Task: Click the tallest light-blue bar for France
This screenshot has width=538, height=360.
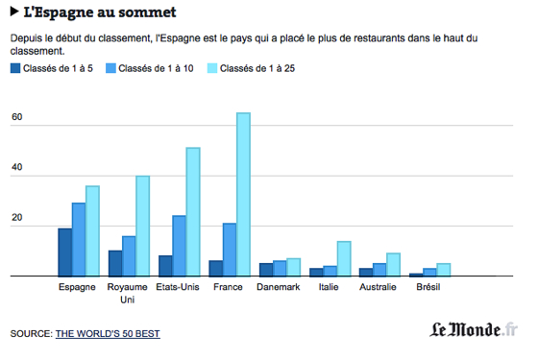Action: click(243, 194)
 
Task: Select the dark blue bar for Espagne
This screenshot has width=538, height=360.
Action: click(64, 252)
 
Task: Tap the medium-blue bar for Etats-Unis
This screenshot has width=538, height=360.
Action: click(179, 245)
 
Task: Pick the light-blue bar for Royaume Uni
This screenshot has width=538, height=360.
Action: click(142, 226)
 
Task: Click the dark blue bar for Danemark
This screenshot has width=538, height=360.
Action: click(266, 270)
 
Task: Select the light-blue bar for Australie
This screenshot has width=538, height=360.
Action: click(393, 264)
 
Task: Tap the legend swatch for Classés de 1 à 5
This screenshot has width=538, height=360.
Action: click(15, 69)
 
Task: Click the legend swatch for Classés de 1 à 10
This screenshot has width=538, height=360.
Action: click(111, 69)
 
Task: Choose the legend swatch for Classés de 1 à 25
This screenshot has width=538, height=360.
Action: click(213, 69)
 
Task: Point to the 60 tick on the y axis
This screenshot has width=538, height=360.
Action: click(16, 119)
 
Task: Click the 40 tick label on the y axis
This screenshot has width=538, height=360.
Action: click(16, 169)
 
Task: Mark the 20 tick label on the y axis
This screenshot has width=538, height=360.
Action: click(16, 220)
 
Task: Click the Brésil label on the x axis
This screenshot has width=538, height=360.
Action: click(429, 287)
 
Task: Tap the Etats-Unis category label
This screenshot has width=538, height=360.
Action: click(178, 287)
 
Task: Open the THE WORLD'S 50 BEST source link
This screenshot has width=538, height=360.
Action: click(108, 333)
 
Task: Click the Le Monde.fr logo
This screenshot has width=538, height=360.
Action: click(472, 330)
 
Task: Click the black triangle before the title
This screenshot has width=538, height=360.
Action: click(14, 12)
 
